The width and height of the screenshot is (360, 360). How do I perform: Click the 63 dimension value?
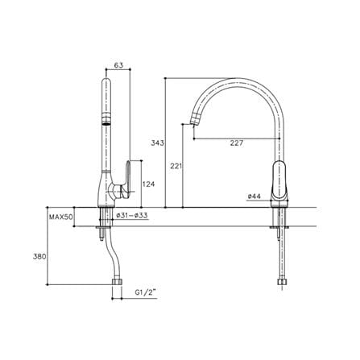coord(118,65)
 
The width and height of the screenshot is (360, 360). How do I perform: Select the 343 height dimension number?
coord(157,143)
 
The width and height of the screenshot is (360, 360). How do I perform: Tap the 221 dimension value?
coord(176,166)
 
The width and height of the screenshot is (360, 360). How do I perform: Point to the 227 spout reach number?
coord(237,143)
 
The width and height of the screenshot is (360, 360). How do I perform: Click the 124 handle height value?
coord(149,184)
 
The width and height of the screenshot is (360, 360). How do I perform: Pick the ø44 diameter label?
coord(254,197)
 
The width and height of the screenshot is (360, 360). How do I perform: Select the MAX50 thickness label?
coord(61,217)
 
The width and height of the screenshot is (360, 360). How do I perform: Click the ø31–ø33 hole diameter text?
coord(132,215)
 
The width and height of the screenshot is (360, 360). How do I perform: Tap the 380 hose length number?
coord(39,257)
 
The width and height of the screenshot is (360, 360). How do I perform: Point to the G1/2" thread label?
coord(145,293)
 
